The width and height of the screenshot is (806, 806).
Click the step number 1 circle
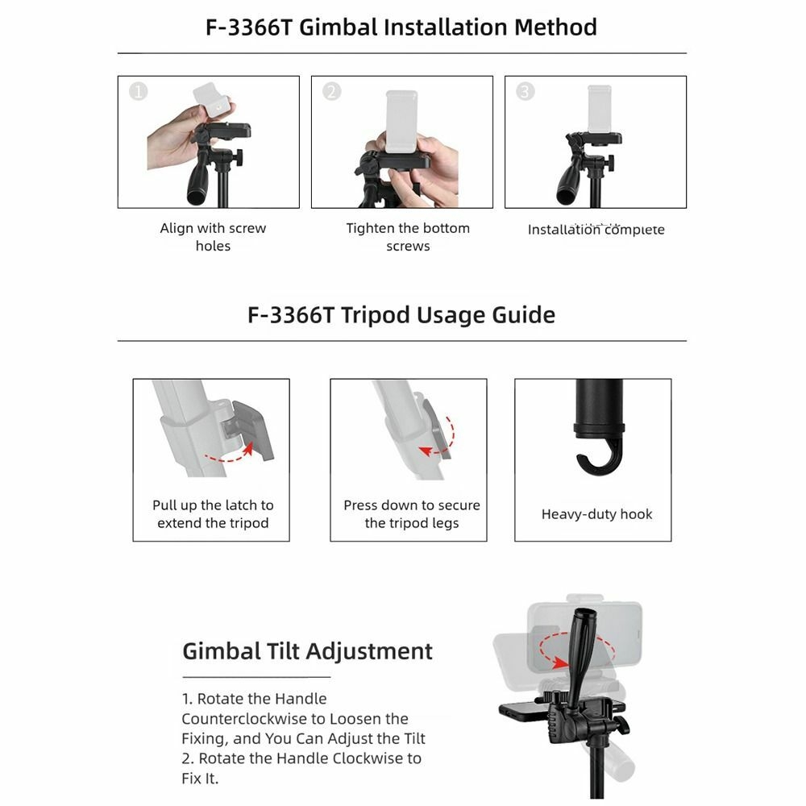[139, 92]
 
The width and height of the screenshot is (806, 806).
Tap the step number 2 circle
[331, 92]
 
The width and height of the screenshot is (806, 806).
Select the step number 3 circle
[525, 92]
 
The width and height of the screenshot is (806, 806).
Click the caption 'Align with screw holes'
[213, 237]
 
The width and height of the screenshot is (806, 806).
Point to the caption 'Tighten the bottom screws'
[408, 237]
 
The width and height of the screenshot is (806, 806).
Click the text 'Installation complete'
[596, 229]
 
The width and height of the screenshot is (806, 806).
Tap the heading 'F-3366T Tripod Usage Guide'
[401, 314]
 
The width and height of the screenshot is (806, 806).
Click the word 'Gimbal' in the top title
[339, 27]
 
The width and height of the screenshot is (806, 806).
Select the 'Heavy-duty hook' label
[596, 514]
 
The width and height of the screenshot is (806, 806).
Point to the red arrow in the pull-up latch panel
[230, 454]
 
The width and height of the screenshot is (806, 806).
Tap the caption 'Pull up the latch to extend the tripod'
[213, 514]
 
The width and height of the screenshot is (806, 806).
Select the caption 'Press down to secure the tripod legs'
[411, 514]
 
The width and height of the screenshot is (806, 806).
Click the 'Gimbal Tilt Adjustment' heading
[307, 651]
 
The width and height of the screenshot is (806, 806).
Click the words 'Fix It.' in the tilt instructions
[200, 779]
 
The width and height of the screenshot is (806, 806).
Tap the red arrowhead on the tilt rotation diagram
[559, 662]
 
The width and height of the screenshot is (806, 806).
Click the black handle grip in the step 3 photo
[568, 182]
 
